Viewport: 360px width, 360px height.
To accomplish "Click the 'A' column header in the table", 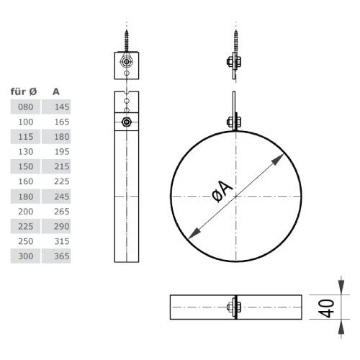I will click(56, 92).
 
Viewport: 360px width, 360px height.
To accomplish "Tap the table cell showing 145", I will click(60, 107).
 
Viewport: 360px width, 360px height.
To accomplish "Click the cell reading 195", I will click(60, 152).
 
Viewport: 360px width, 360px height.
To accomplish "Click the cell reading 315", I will click(60, 241).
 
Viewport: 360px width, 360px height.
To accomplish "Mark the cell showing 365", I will click(60, 256).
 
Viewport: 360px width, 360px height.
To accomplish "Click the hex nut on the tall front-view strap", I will click(127, 122).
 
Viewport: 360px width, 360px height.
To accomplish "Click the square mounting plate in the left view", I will click(127, 66).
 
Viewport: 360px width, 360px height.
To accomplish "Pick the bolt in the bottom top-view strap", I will click(234, 307).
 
